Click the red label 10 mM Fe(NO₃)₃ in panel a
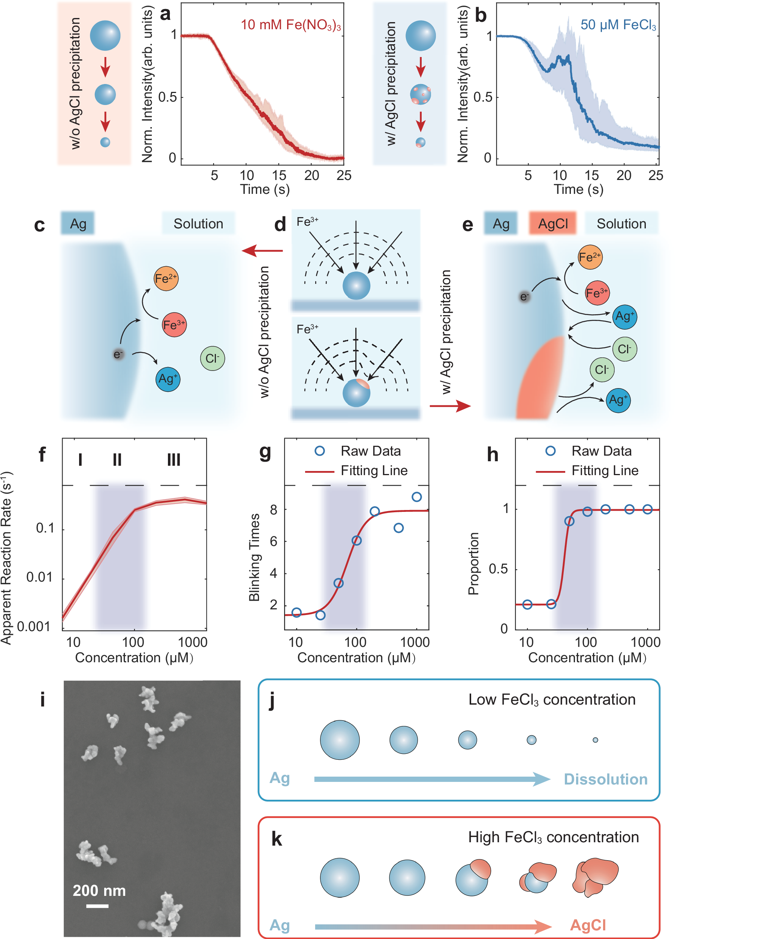click(290, 25)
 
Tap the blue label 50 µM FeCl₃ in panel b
click(618, 25)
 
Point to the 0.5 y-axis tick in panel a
click(168, 97)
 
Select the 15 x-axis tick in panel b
click(591, 175)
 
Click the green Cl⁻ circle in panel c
click(212, 358)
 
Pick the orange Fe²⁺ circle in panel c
click(166, 279)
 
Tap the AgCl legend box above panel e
click(552, 223)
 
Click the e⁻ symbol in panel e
click(524, 296)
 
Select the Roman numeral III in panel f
click(174, 459)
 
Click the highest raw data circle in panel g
click(416, 497)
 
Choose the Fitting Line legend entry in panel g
click(374, 471)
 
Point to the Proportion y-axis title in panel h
click(473, 564)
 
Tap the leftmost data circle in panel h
click(527, 604)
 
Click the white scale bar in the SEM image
click(97, 906)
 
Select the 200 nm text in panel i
click(99, 891)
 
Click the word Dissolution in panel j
click(605, 780)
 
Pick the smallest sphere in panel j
click(595, 740)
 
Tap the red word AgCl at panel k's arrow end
click(588, 925)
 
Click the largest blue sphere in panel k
click(339, 877)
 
